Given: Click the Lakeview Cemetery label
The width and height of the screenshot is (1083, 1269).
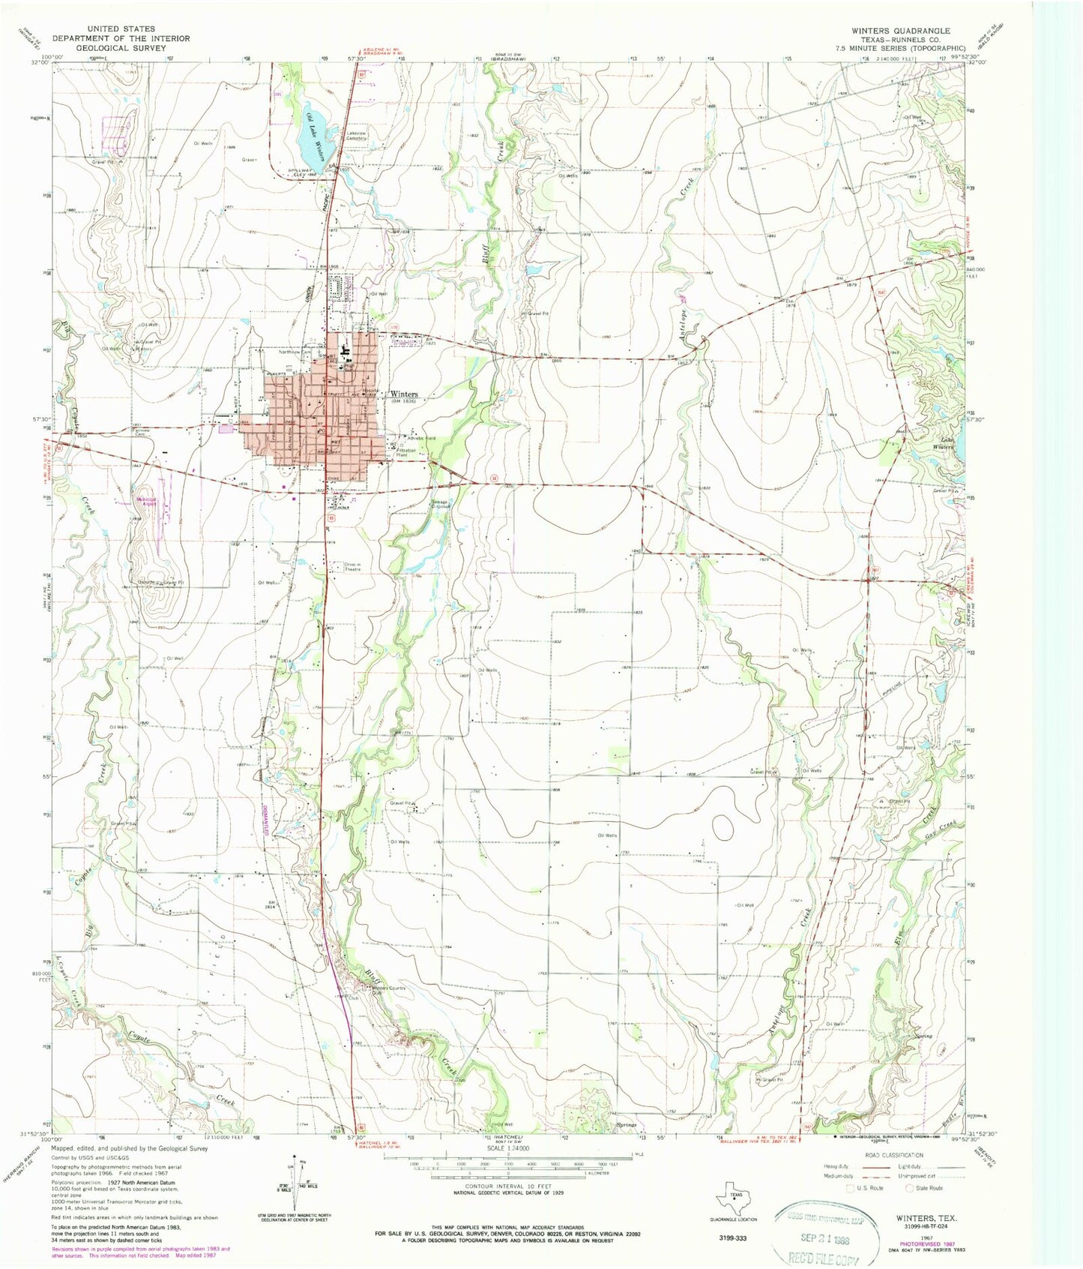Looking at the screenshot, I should coord(355,135).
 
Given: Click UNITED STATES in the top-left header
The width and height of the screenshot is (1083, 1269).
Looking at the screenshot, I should coord(121,29).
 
